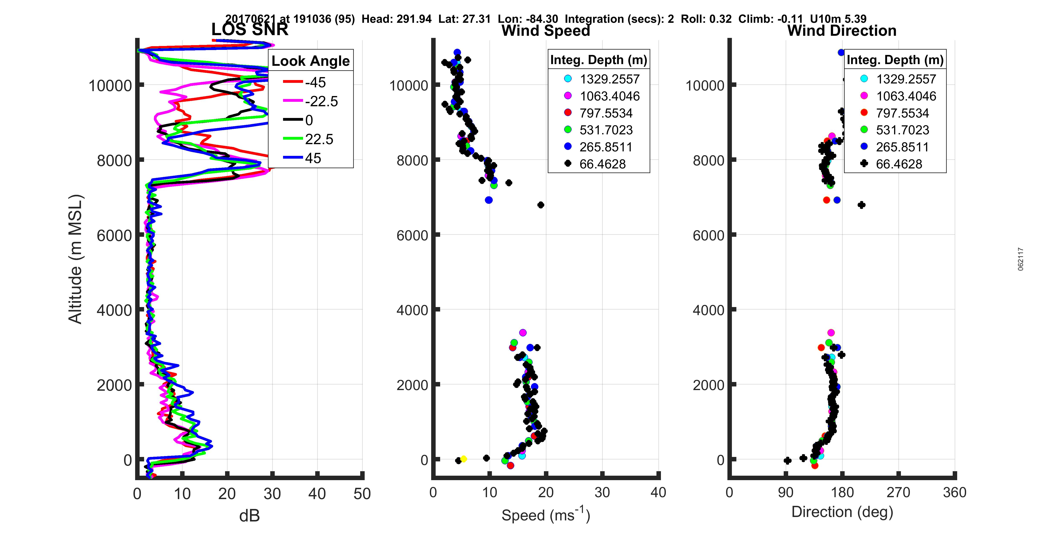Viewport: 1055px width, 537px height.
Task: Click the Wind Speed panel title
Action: (x=546, y=31)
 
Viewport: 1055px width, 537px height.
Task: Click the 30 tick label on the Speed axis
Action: (x=602, y=492)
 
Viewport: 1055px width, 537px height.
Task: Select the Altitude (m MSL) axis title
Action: (x=75, y=259)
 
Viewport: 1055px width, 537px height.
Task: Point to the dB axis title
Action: (x=249, y=516)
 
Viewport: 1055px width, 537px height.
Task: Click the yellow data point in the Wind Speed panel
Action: (x=464, y=459)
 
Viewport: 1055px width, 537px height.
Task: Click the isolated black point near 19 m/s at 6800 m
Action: (x=541, y=205)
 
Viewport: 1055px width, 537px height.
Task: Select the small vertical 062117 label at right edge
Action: (x=1021, y=259)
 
